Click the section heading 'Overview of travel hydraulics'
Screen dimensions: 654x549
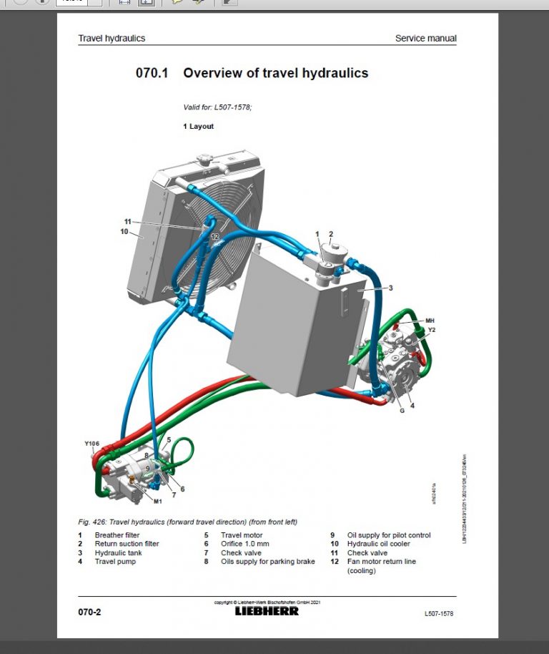pyautogui.click(x=275, y=73)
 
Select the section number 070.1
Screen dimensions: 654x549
pyautogui.click(x=152, y=73)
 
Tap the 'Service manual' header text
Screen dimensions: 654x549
pyautogui.click(x=425, y=39)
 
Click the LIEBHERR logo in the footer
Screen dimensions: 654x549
pyautogui.click(x=267, y=611)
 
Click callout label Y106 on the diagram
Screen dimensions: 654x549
pyautogui.click(x=92, y=444)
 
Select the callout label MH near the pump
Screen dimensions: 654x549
pyautogui.click(x=430, y=320)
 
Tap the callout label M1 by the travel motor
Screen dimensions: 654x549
pyautogui.click(x=158, y=501)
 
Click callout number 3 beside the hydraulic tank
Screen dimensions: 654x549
pyautogui.click(x=390, y=288)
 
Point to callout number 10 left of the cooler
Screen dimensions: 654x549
pyautogui.click(x=124, y=231)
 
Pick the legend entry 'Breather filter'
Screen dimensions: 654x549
pyautogui.click(x=117, y=535)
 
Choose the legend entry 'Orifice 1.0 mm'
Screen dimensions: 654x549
pyautogui.click(x=244, y=544)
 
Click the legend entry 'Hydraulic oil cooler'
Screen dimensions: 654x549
pyautogui.click(x=378, y=544)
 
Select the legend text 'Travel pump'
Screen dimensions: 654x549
pyautogui.click(x=115, y=562)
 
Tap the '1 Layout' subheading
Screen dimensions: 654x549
pyautogui.click(x=198, y=127)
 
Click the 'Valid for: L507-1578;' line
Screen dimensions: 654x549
pyautogui.click(x=217, y=107)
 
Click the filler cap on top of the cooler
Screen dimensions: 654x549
pyautogui.click(x=207, y=159)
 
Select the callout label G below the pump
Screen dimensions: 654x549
pyautogui.click(x=402, y=410)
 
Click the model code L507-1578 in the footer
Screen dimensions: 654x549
pyautogui.click(x=438, y=613)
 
